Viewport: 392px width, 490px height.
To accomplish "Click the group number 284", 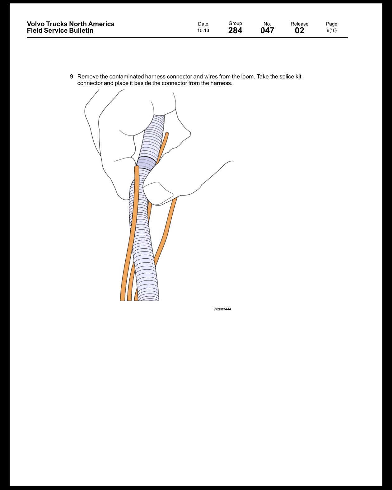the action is [235, 31].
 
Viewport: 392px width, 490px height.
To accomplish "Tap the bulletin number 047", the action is [267, 31].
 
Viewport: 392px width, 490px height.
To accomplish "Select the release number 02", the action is [299, 31].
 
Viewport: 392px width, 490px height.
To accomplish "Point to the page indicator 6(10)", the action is [331, 31].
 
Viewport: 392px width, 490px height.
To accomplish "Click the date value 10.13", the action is [203, 31].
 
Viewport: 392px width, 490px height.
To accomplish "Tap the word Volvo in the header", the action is [36, 24].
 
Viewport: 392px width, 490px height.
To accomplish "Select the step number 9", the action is [72, 77].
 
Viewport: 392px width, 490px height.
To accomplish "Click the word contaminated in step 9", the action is [126, 77].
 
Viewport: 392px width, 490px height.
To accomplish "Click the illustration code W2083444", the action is [222, 309].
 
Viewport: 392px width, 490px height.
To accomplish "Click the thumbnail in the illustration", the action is [158, 193].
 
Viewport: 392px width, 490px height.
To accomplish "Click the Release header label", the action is [299, 24].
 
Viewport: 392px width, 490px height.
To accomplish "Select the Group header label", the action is [235, 23].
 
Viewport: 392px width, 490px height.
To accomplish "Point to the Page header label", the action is [331, 24].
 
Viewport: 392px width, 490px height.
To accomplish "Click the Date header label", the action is [203, 24].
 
